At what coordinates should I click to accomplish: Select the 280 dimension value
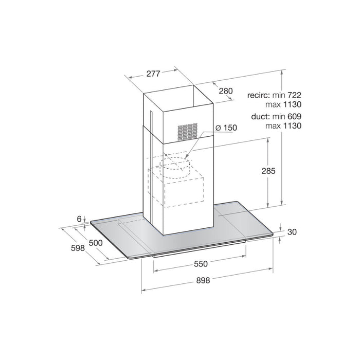point(225,91)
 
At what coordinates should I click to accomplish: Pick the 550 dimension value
point(200,264)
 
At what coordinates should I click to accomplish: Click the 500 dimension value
point(95,243)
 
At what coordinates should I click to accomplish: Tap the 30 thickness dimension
point(292,232)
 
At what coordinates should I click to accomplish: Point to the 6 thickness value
point(80,219)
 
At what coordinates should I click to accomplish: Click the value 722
point(293,96)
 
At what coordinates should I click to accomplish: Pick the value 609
point(293,117)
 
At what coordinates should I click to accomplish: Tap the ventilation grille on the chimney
point(187,132)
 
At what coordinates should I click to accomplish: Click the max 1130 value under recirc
point(283,104)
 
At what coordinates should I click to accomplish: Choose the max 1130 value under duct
point(283,125)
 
